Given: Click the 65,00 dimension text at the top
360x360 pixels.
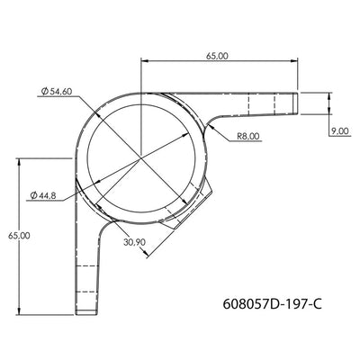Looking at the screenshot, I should tap(217, 56).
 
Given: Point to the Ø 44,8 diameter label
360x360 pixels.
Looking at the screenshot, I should tap(44, 195).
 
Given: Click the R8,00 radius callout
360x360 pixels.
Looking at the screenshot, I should tap(248, 136).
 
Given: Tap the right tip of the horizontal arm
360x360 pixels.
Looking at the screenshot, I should tap(298, 102).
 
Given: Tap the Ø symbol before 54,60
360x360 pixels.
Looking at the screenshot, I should tap(44, 91).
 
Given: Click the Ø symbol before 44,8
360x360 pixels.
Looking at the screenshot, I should tap(32, 195).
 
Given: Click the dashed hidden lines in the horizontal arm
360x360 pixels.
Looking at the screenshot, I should tap(261, 102).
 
